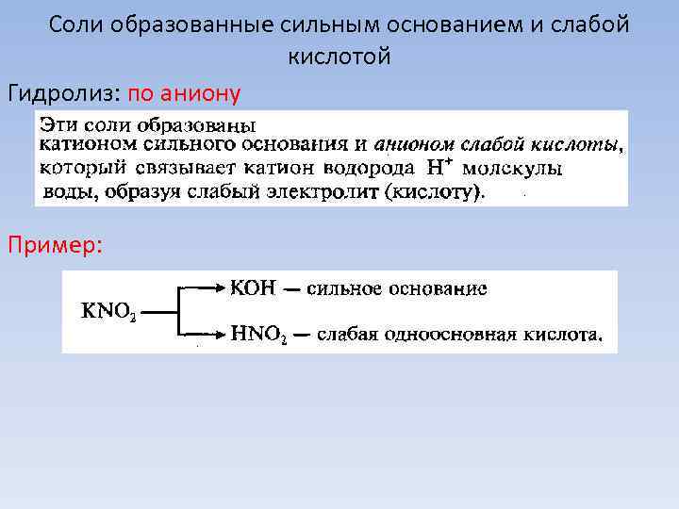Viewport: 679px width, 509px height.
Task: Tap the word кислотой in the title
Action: coord(339,57)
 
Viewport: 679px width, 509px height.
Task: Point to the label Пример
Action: coord(56,244)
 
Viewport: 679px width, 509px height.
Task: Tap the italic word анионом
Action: coord(413,145)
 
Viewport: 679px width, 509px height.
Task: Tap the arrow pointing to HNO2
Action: coord(204,333)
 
